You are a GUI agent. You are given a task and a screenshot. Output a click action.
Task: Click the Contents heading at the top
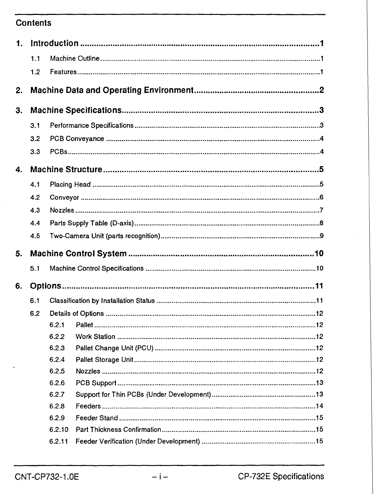pyautogui.click(x=33, y=23)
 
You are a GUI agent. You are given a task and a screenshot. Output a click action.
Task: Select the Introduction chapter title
pyautogui.click(x=54, y=44)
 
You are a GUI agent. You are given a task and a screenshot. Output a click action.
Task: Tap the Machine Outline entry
pyautogui.click(x=75, y=59)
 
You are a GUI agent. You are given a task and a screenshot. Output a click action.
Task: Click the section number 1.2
pyautogui.click(x=35, y=72)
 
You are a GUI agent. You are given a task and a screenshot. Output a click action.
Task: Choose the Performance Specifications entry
pyautogui.click(x=92, y=126)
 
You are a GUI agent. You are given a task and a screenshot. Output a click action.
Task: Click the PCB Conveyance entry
pyautogui.click(x=77, y=139)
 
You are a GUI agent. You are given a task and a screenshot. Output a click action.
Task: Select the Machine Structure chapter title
pyautogui.click(x=66, y=170)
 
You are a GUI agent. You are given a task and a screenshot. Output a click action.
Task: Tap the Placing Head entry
pyautogui.click(x=70, y=184)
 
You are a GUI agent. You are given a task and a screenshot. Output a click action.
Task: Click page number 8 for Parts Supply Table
pyautogui.click(x=321, y=223)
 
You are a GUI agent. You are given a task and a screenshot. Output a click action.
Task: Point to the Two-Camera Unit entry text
pyautogui.click(x=105, y=236)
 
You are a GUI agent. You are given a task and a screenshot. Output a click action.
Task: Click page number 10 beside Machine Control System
pyautogui.click(x=319, y=254)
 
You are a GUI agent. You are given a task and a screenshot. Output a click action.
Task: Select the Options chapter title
pyautogui.click(x=45, y=286)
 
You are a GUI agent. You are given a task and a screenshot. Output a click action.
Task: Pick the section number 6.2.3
pyautogui.click(x=57, y=348)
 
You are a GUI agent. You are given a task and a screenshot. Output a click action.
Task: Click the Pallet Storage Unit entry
pyautogui.click(x=104, y=360)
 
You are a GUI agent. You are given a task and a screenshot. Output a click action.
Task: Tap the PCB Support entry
pyautogui.click(x=96, y=383)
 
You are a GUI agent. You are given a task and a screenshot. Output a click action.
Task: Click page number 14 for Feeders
pyautogui.click(x=319, y=406)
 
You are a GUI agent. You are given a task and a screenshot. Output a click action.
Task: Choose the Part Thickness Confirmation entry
pyautogui.click(x=118, y=429)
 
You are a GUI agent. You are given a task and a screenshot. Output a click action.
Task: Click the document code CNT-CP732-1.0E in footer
pyautogui.click(x=47, y=477)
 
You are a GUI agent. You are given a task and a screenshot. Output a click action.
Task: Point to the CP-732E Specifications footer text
pyautogui.click(x=281, y=477)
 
